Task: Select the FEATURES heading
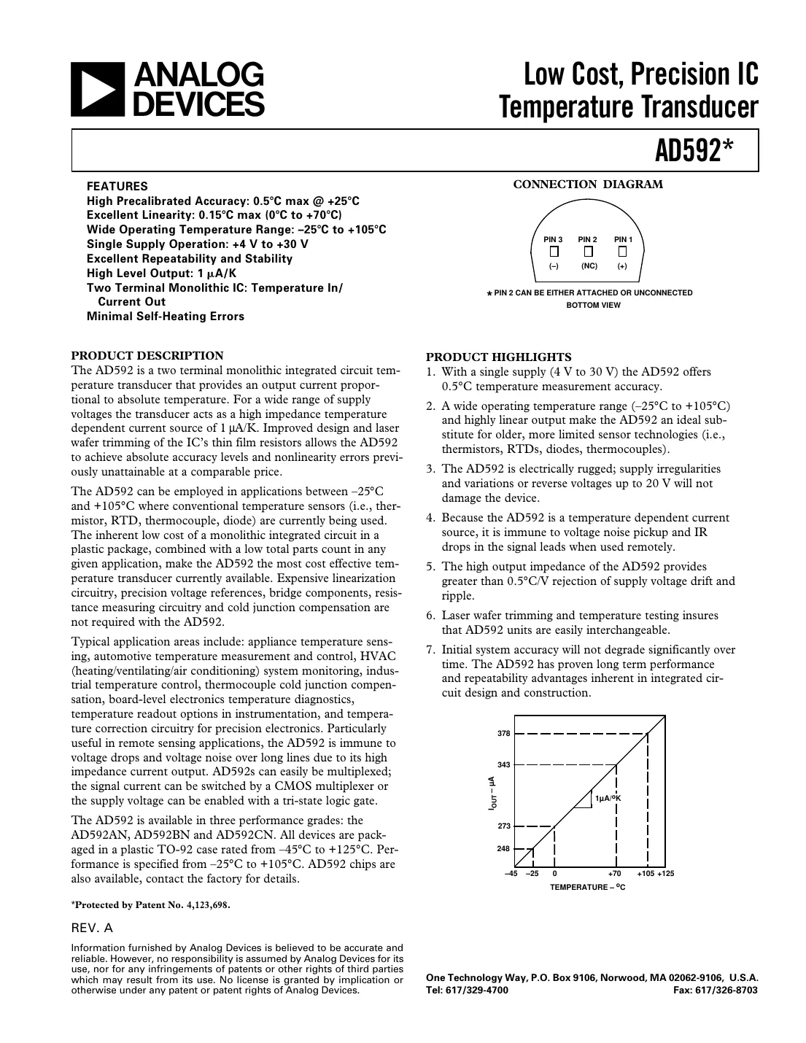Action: click(x=117, y=186)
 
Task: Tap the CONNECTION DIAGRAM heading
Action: click(x=588, y=185)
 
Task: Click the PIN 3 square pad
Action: click(x=554, y=252)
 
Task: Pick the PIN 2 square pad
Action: click(x=588, y=252)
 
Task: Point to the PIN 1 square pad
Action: click(x=622, y=252)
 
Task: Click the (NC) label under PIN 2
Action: click(x=589, y=266)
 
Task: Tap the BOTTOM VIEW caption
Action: click(x=593, y=305)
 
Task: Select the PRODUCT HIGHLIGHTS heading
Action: click(x=499, y=357)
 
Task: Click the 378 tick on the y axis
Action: click(x=504, y=733)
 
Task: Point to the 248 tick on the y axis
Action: click(x=504, y=848)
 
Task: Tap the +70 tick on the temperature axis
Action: click(x=615, y=874)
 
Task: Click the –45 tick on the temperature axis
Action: click(x=511, y=874)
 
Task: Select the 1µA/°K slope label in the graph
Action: click(x=608, y=799)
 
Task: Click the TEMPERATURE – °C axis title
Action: click(x=588, y=887)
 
